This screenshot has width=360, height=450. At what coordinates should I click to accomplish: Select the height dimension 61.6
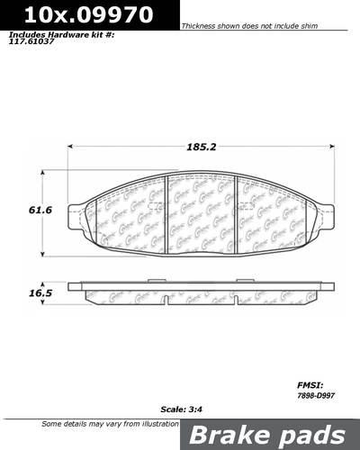coord(36,210)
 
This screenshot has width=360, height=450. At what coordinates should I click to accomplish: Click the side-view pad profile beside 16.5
coord(202,293)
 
